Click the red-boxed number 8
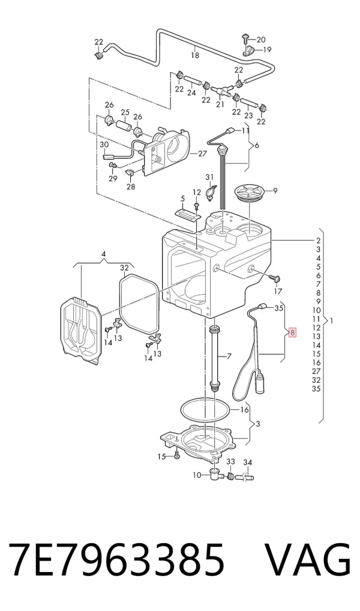(x=292, y=333)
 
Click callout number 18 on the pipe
(x=195, y=55)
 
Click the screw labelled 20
(x=245, y=38)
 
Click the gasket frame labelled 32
(x=139, y=304)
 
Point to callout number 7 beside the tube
(x=229, y=356)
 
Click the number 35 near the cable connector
(x=278, y=308)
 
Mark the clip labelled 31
(x=211, y=191)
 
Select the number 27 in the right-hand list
(x=316, y=372)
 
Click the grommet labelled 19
(x=247, y=50)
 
